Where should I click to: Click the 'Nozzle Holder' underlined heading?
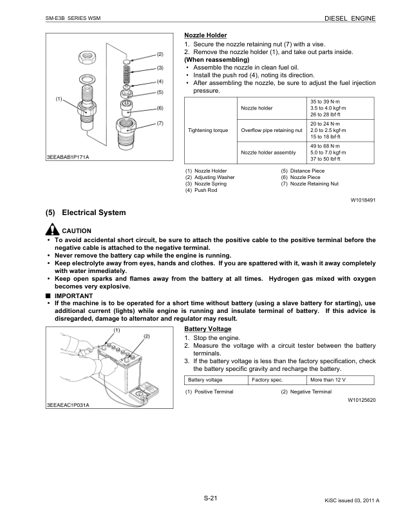[x=205, y=34]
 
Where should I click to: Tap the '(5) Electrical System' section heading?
[x=86, y=212]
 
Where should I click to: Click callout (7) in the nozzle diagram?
[x=160, y=123]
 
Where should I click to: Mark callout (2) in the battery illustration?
[x=147, y=336]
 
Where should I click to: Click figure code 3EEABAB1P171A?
[x=68, y=157]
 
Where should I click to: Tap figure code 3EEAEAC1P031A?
[x=67, y=405]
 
